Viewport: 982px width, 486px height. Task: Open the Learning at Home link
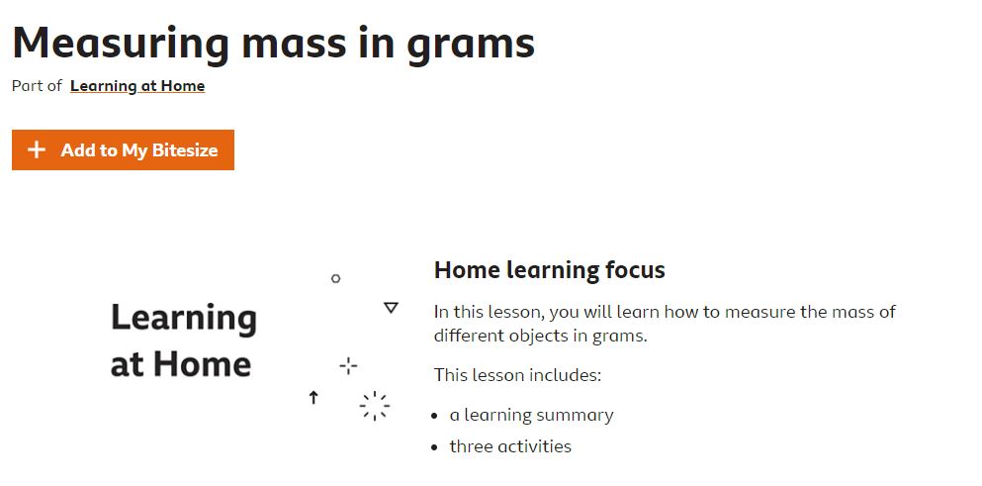[x=137, y=86]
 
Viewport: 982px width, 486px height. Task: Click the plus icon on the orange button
[x=37, y=149]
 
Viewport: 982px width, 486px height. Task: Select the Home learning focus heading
[x=549, y=270]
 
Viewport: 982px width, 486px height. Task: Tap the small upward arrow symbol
[x=313, y=397]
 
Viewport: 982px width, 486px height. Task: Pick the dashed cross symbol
[x=348, y=365]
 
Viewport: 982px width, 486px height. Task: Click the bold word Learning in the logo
[x=184, y=319]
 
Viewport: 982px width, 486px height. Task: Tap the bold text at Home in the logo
[x=180, y=364]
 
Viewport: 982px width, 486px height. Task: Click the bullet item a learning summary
[x=531, y=415]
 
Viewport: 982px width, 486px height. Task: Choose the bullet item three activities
[x=510, y=446]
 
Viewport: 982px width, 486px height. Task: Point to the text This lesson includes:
[x=517, y=375]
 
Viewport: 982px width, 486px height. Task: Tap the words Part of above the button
[x=37, y=86]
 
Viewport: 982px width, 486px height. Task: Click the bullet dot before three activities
[x=435, y=447]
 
